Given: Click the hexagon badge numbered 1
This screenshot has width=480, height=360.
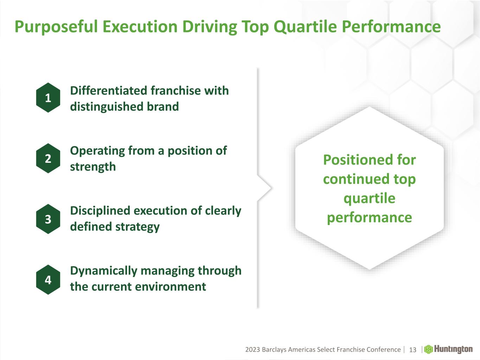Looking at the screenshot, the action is pos(48,97).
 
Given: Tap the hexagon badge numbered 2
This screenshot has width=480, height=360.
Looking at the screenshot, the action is pos(48,158).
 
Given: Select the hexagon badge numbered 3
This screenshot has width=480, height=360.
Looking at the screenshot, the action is pos(48,219).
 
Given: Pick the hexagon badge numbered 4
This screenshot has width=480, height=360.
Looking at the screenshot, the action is pos(48,279).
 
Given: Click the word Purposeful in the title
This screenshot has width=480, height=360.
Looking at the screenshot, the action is pos(56,27).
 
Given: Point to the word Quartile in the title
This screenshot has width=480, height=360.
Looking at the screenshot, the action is pos(305,27).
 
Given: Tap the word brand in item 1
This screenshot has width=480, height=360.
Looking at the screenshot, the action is pos(163,107).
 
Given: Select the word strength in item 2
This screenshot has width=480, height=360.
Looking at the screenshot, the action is pos(93,167).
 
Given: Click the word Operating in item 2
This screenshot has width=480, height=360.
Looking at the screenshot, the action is pos(97,151).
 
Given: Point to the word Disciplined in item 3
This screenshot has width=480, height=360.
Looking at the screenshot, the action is pos(100,211).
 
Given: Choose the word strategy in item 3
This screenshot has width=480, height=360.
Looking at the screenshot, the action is pos(137,227).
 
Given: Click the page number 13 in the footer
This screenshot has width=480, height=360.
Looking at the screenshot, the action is pos(412,350).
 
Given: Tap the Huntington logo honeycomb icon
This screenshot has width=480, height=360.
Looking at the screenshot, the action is pos(429,349).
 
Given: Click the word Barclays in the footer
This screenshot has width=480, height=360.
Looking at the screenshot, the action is pos(274,350).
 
